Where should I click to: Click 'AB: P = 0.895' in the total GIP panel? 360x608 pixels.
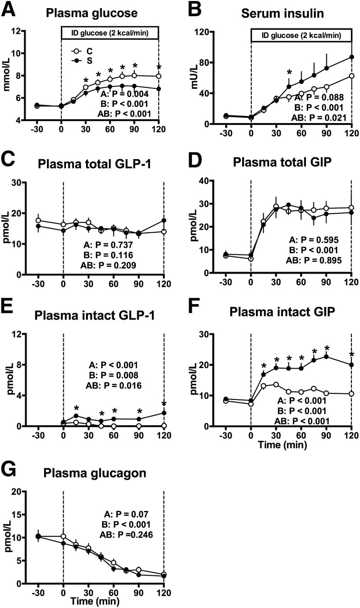[x=311, y=260]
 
